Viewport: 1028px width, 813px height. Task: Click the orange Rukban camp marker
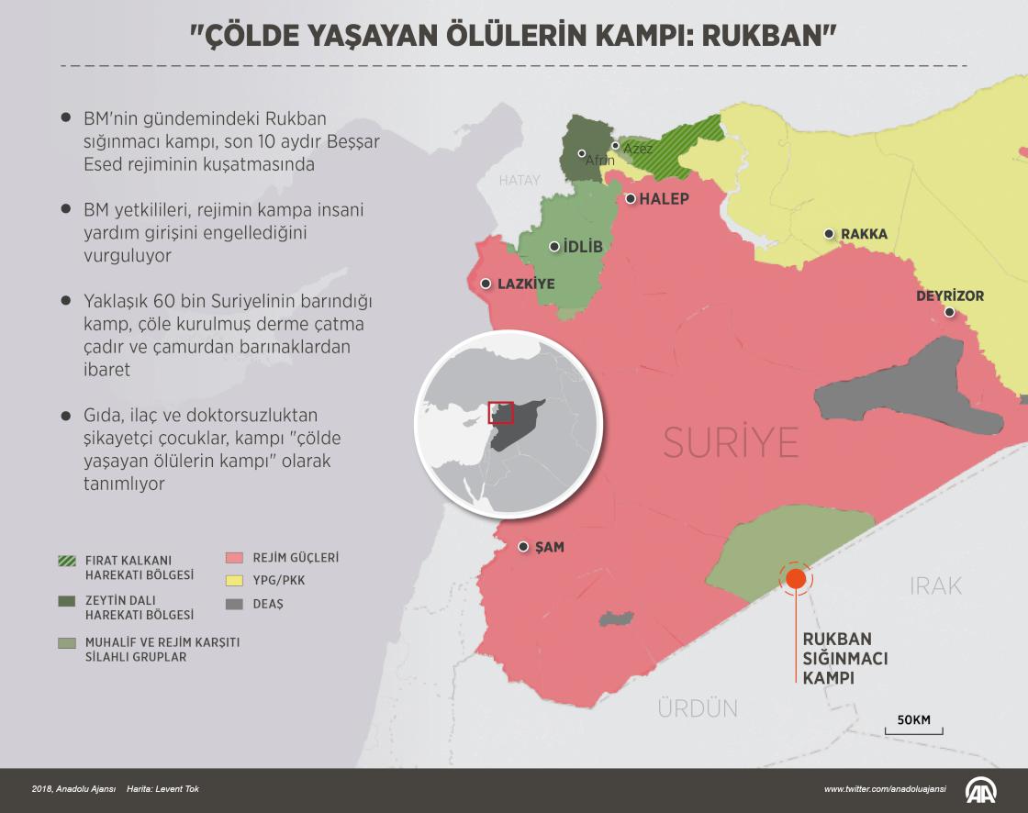795,578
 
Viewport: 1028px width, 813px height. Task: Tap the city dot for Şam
523,547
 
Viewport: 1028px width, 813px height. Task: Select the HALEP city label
664,199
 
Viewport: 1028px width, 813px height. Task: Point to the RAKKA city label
864,234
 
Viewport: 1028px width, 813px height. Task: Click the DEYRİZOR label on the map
950,296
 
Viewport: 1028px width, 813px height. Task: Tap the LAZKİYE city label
526,284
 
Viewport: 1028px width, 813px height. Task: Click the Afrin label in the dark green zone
599,161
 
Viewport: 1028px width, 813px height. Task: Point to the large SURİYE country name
731,442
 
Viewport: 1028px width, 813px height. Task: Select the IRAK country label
936,585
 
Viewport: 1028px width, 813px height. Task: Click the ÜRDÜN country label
698,707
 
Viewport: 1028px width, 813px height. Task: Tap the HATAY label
520,181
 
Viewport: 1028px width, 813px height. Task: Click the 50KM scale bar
913,728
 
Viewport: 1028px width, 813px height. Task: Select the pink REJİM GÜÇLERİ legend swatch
235,557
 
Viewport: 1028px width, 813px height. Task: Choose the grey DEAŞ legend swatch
235,604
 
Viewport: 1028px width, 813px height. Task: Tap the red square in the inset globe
500,413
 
